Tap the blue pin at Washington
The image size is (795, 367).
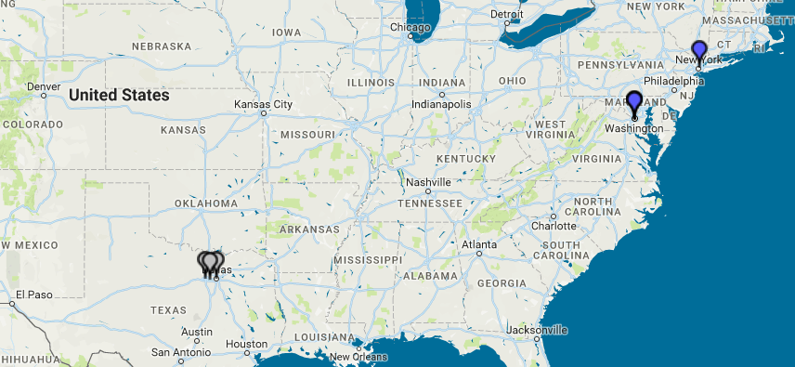[634, 101]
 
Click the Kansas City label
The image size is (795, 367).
[263, 104]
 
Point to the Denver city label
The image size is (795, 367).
[44, 86]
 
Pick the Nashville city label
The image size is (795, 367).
[428, 182]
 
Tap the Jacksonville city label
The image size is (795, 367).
[538, 329]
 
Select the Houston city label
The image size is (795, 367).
[246, 344]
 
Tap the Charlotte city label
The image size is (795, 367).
[554, 226]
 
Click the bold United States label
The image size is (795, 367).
[119, 95]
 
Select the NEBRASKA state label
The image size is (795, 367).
[162, 46]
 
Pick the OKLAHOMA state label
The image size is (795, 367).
[206, 203]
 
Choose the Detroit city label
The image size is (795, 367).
[507, 15]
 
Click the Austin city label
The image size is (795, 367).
[197, 332]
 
